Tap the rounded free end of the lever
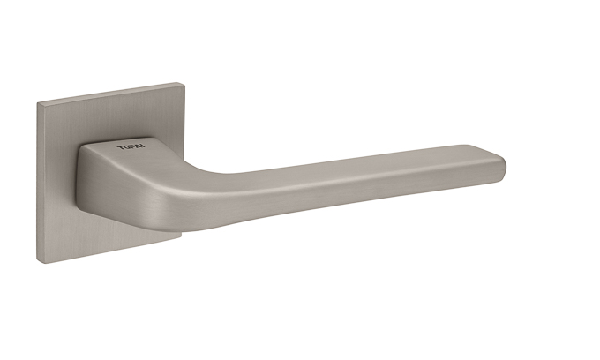pyautogui.click(x=502, y=167)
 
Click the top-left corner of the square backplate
pyautogui.click(x=37, y=103)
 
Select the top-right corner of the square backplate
pyautogui.click(x=184, y=83)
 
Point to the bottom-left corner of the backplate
pyautogui.click(x=37, y=262)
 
